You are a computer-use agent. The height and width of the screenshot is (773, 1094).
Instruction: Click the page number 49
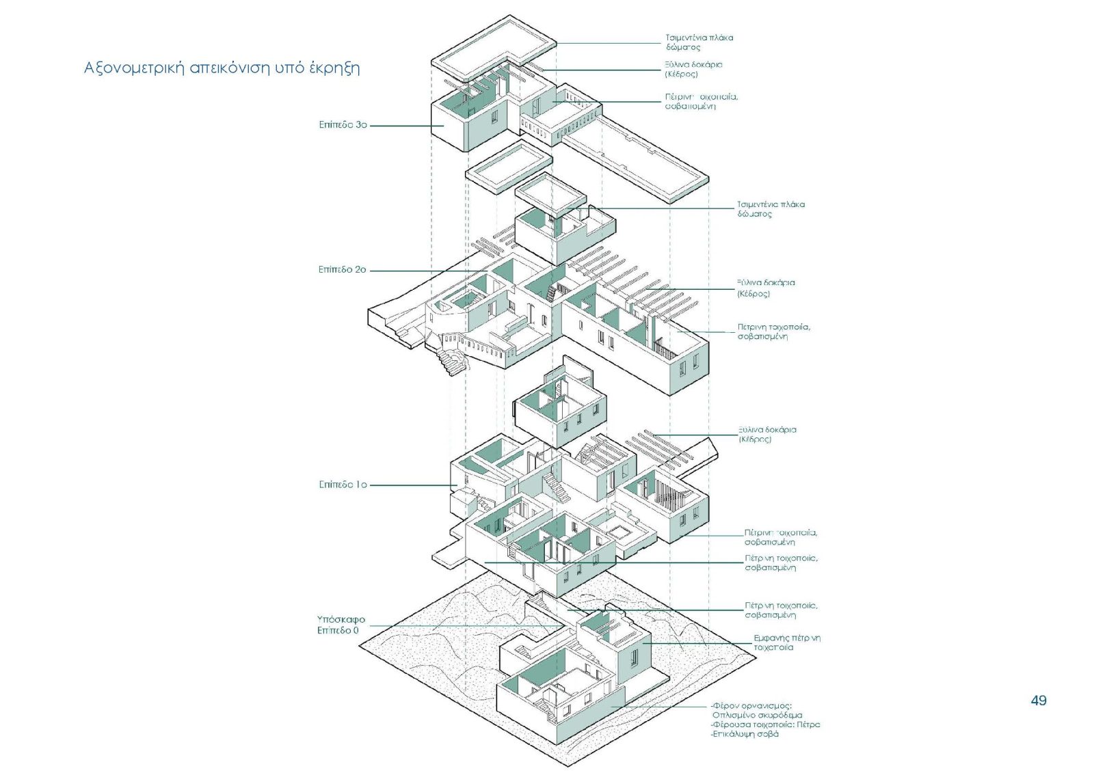click(1038, 701)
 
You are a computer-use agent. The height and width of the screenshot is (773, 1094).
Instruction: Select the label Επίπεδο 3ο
click(343, 125)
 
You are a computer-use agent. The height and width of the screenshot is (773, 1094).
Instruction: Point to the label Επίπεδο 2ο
click(342, 270)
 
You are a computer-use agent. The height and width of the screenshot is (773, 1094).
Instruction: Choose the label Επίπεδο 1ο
click(343, 485)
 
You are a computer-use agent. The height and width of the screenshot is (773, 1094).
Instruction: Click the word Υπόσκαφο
click(341, 620)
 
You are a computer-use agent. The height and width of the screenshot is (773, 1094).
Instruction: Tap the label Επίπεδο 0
click(337, 630)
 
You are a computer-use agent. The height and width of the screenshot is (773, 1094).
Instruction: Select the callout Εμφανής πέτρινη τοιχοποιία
click(786, 642)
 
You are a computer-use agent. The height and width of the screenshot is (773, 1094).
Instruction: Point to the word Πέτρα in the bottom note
click(808, 724)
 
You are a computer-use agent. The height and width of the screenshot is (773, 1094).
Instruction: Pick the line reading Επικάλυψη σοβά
click(745, 734)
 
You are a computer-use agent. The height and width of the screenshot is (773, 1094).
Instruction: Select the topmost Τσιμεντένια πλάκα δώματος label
click(699, 42)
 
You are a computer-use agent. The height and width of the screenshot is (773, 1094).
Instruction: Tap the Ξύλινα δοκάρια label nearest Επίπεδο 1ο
click(767, 435)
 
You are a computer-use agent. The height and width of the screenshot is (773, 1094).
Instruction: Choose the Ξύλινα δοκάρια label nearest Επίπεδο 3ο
click(693, 69)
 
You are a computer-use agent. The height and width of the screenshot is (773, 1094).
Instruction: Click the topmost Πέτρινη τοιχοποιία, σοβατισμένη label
click(701, 101)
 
